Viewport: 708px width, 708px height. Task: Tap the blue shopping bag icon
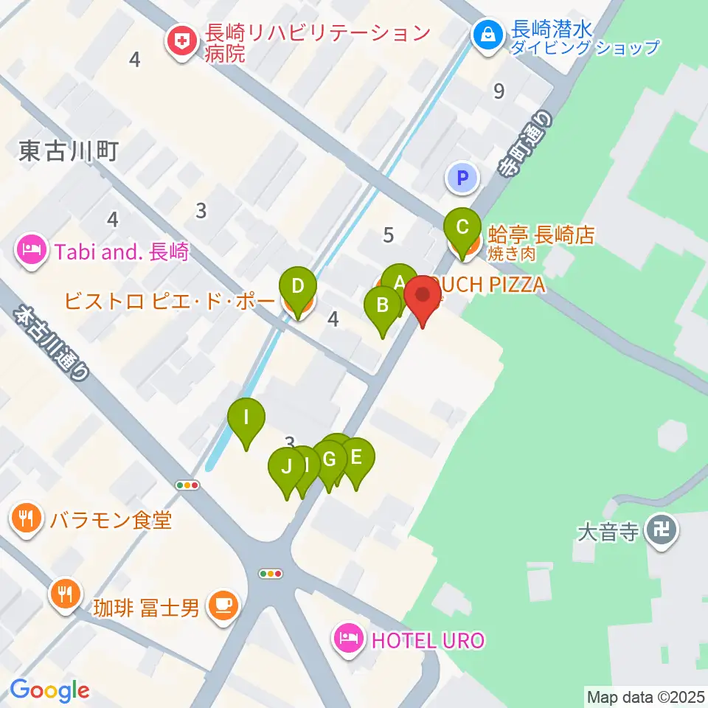click(487, 33)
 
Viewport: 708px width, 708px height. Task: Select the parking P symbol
click(462, 178)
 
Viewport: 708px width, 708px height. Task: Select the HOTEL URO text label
click(428, 639)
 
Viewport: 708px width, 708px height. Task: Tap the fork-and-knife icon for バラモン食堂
click(27, 518)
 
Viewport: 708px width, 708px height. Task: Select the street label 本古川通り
click(52, 343)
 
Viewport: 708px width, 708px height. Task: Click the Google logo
click(49, 690)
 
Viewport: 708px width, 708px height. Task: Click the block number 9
click(499, 91)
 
